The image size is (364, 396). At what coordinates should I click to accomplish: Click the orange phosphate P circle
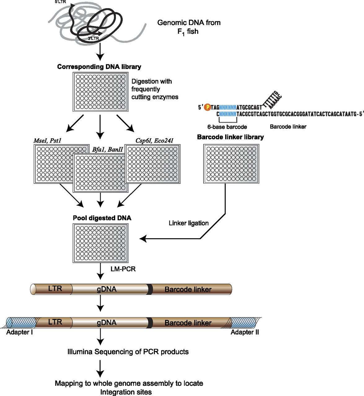pyautogui.click(x=208, y=107)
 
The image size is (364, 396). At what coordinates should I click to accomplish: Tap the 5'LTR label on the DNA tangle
pyautogui.click(x=60, y=2)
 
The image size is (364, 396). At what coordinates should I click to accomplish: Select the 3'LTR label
pyautogui.click(x=93, y=38)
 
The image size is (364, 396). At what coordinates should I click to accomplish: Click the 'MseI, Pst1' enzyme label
pyautogui.click(x=47, y=140)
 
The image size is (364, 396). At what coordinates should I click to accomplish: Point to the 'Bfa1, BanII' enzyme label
pyautogui.click(x=107, y=149)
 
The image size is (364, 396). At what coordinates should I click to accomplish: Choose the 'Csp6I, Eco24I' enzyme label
pyautogui.click(x=154, y=140)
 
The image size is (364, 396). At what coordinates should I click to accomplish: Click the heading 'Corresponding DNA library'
pyautogui.click(x=99, y=67)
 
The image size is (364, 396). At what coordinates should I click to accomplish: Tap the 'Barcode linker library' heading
pyautogui.click(x=230, y=137)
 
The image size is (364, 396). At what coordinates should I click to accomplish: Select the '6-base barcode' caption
pyautogui.click(x=227, y=127)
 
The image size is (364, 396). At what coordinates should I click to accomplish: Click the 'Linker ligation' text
pyautogui.click(x=189, y=223)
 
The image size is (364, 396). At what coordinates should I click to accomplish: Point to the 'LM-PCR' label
pyautogui.click(x=123, y=269)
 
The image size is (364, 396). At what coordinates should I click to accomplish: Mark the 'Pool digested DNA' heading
pyautogui.click(x=102, y=218)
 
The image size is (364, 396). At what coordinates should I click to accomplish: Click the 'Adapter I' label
pyautogui.click(x=20, y=332)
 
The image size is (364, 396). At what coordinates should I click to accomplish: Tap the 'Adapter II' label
pyautogui.click(x=245, y=332)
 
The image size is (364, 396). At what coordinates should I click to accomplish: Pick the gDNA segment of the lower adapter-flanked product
pyautogui.click(x=110, y=323)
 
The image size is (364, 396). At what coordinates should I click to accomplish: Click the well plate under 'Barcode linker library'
pyautogui.click(x=231, y=164)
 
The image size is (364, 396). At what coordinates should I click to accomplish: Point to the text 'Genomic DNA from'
pyautogui.click(x=189, y=23)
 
